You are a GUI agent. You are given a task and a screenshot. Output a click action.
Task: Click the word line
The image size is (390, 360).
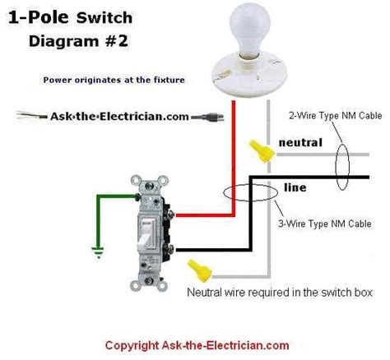click(x=295, y=187)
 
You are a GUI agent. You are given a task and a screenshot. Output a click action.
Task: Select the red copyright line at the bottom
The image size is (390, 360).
click(x=197, y=346)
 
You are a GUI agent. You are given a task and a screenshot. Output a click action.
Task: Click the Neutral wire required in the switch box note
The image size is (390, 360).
click(x=280, y=292)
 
